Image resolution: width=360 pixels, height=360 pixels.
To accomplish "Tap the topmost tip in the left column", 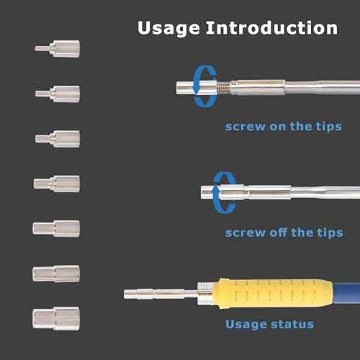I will pos(58,49).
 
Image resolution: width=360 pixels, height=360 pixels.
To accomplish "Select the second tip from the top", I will pos(58,93).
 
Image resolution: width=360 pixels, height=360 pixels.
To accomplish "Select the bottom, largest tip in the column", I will pos(56,318).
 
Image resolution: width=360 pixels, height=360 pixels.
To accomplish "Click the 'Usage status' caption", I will pos(269,324).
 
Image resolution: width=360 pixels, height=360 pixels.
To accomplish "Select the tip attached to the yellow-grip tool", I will pos(158,294).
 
